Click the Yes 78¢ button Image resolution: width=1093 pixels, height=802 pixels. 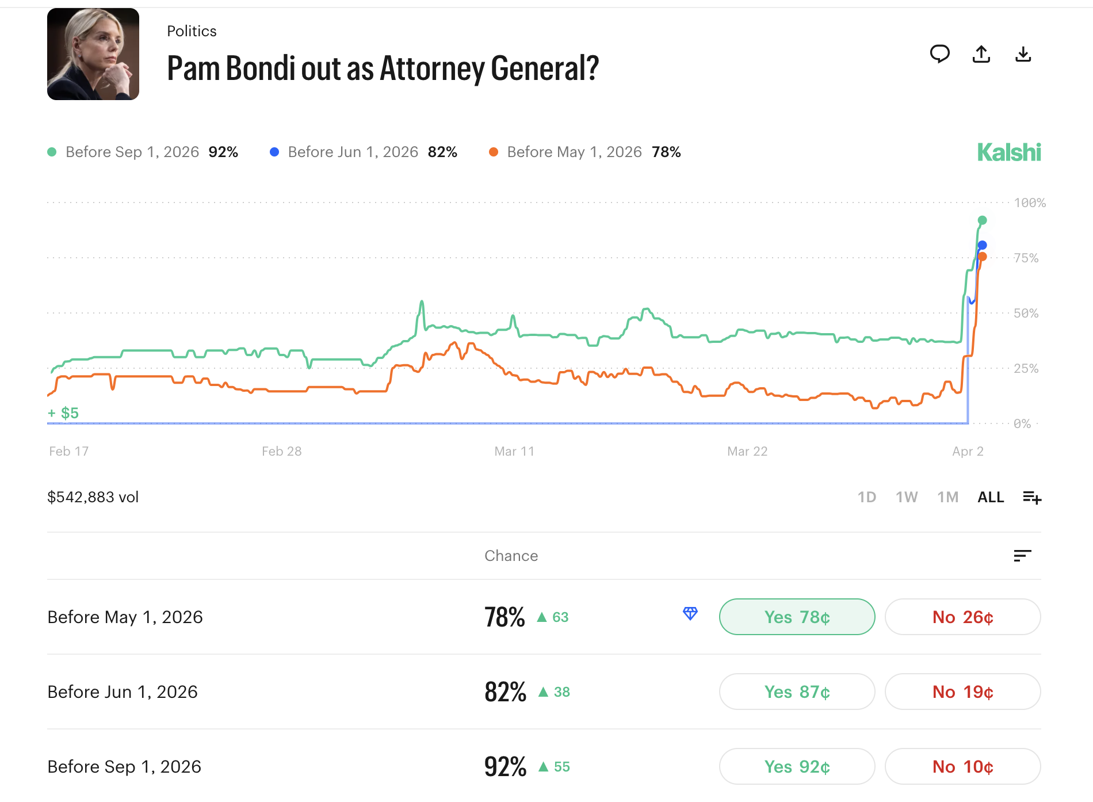coord(797,617)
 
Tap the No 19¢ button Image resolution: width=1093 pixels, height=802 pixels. coord(962,692)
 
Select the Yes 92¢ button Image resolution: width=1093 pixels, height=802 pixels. coord(797,766)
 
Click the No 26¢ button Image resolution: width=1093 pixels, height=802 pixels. coord(962,617)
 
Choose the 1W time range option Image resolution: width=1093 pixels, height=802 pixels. coord(907,497)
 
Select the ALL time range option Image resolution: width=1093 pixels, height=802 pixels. coord(991,497)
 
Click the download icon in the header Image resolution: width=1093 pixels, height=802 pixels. coord(1023,54)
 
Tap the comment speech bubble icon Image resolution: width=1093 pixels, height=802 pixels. coord(939,54)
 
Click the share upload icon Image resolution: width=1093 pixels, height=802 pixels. coord(981,54)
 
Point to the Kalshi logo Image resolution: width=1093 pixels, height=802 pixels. coord(1009,152)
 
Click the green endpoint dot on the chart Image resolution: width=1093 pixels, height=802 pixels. coord(983,220)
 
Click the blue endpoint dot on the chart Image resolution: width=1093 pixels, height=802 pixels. coord(983,245)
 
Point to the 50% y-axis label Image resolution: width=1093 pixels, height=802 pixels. coord(1026,314)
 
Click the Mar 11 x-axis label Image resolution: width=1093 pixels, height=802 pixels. coord(514,452)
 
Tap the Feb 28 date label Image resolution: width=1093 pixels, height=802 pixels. coord(281,452)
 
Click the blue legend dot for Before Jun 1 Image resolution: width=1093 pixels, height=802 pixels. coord(274,152)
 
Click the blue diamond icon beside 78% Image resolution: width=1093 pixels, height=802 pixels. coord(690,614)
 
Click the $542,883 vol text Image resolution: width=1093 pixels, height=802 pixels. coord(93,497)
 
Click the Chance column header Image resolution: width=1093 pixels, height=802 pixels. coord(511,556)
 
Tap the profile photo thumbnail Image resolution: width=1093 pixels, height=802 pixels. coord(93,54)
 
